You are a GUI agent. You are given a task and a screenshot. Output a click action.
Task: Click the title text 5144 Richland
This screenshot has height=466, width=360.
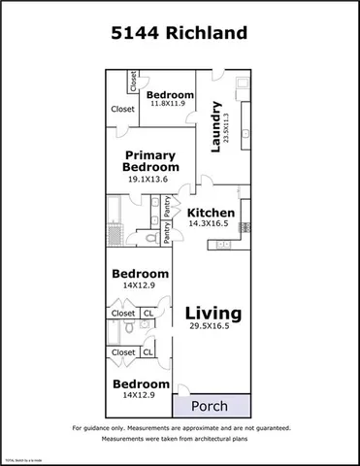pyautogui.click(x=180, y=35)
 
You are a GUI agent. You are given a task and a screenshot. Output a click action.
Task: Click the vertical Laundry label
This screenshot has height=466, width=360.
pyautogui.click(x=216, y=125)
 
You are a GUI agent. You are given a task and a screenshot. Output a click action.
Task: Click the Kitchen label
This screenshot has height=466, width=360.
pyautogui.click(x=211, y=213)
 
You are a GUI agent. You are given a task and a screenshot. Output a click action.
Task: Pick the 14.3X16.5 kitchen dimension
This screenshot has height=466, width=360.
pyautogui.click(x=211, y=224)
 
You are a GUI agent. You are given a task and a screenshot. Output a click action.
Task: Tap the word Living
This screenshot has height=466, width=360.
pyautogui.click(x=213, y=313)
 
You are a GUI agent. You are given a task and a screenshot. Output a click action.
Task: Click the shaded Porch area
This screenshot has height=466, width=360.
pyautogui.click(x=212, y=405)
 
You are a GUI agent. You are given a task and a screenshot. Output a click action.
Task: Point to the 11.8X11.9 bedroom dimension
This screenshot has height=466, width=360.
pyautogui.click(x=170, y=106)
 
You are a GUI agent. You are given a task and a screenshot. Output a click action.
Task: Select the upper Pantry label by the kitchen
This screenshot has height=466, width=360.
pyautogui.click(x=167, y=206)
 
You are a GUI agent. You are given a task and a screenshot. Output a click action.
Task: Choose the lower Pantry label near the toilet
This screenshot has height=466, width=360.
pyautogui.click(x=167, y=233)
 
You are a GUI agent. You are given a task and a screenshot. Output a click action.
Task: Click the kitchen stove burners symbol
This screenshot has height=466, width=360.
pyautogui.click(x=245, y=227)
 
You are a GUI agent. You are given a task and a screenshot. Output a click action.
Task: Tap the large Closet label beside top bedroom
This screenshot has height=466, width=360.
pyautogui.click(x=122, y=110)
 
